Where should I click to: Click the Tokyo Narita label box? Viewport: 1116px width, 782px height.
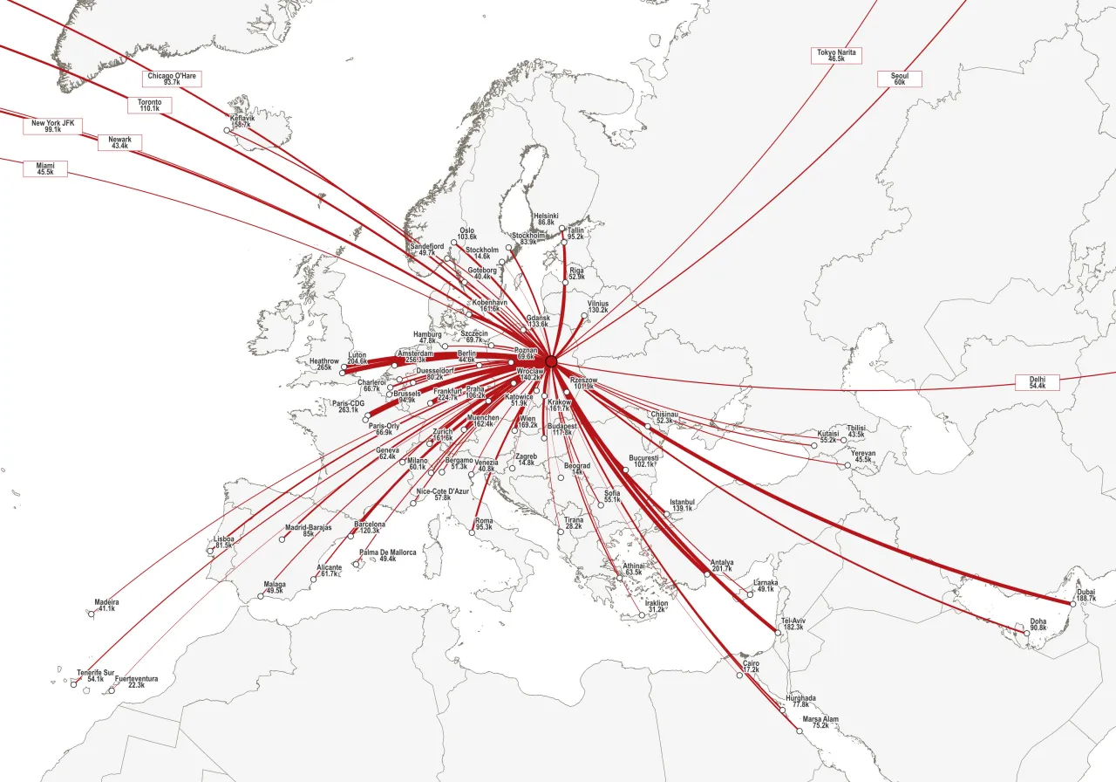pos(836,56)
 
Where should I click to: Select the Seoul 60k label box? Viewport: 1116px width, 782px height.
pos(899,79)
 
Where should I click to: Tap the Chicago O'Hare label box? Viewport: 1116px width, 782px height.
pos(172,79)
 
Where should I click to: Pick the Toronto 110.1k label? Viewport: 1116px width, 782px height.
pos(149,106)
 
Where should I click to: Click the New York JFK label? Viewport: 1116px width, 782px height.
pos(52,127)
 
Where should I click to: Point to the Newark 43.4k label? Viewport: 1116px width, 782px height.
pos(119,142)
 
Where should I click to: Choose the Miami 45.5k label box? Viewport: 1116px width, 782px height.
pos(44,169)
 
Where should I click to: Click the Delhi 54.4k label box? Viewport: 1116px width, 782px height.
pos(1037,382)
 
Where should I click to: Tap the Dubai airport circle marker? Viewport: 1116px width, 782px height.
pos(1072,603)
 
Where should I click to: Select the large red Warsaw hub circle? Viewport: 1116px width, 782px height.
pos(551,361)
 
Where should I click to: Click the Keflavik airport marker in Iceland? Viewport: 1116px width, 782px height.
pos(227,130)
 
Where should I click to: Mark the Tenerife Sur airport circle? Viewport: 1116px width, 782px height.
pos(73,685)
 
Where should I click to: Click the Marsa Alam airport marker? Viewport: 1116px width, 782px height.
pos(800,731)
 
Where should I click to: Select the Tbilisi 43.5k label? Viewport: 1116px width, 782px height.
pos(855,431)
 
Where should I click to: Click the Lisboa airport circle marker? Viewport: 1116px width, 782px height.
pos(210,551)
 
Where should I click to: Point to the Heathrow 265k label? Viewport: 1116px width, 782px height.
pos(323,364)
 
